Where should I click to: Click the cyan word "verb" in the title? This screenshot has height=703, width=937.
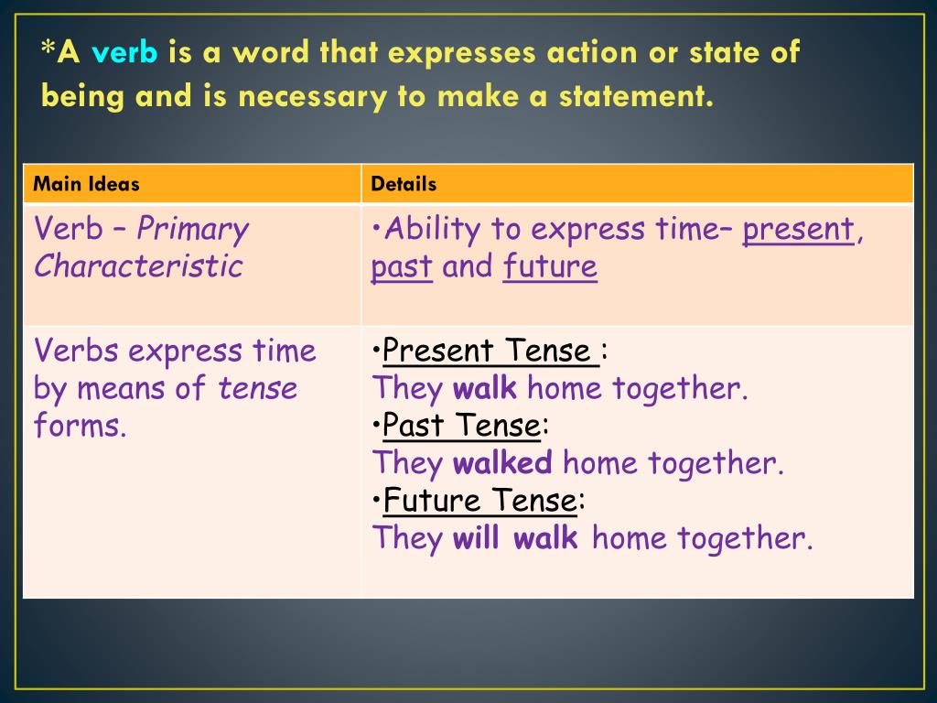(124, 53)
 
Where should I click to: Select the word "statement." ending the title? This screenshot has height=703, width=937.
(636, 96)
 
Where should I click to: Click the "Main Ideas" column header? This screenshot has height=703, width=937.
(86, 184)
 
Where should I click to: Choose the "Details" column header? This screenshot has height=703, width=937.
(404, 184)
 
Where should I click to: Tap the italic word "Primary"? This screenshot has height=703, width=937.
(193, 230)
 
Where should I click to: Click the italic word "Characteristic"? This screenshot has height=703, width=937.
(138, 266)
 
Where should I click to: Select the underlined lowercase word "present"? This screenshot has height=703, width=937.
(798, 230)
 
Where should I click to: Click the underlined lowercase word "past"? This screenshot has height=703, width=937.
(402, 267)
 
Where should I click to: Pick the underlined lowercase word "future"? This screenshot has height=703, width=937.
(550, 266)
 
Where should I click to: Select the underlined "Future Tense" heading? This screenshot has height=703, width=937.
(480, 501)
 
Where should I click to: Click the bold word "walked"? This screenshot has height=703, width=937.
(502, 463)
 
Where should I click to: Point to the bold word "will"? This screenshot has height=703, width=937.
(476, 537)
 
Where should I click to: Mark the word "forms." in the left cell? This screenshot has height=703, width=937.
(81, 426)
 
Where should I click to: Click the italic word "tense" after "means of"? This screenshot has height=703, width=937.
(258, 388)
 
